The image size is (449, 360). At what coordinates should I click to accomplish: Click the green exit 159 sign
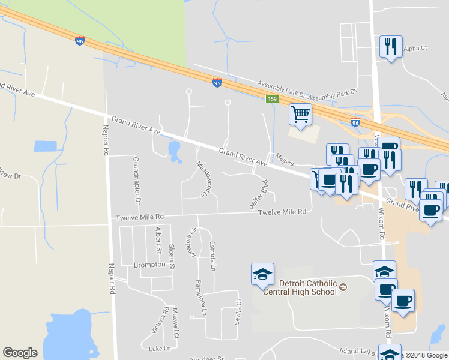[x=273, y=98]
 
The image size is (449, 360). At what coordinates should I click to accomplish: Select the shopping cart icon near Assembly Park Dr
[x=300, y=113]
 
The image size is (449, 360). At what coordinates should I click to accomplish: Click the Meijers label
[x=284, y=160]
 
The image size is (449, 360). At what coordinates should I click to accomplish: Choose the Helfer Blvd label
[x=258, y=194]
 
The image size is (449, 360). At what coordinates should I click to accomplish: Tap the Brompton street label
[x=149, y=265]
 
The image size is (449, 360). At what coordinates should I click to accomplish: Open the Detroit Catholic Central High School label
[x=307, y=287]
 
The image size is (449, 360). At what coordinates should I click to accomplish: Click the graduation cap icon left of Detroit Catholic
[x=262, y=275]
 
